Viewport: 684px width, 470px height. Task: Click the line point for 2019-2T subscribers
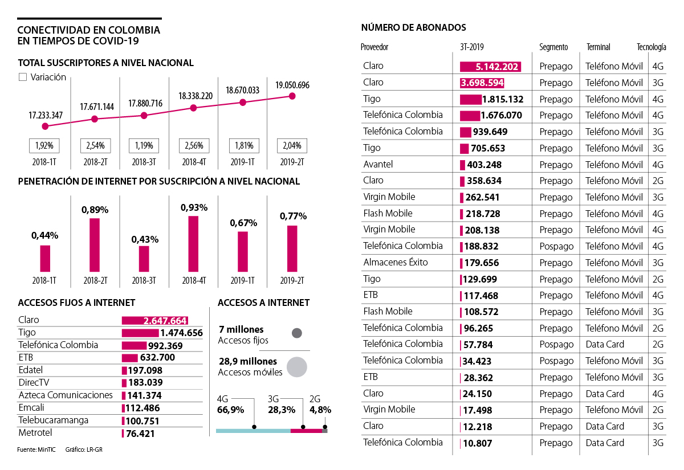(292, 96)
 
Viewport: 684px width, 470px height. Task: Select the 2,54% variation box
(95, 145)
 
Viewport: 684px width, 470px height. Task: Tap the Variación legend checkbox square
(23, 77)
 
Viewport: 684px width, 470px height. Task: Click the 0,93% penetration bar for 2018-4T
(193, 244)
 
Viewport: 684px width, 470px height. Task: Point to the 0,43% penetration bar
(144, 259)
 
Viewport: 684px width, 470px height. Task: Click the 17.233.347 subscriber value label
(46, 116)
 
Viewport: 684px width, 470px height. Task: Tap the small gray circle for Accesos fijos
(296, 334)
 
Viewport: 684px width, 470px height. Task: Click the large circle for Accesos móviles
(297, 367)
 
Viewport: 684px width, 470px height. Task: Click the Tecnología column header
(651, 47)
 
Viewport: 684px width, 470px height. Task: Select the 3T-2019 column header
(471, 47)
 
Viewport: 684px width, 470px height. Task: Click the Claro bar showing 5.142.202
(490, 67)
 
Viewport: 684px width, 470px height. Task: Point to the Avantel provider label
(378, 164)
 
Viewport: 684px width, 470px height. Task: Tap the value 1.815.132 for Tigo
(502, 100)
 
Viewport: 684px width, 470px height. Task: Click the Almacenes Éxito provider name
(396, 263)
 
